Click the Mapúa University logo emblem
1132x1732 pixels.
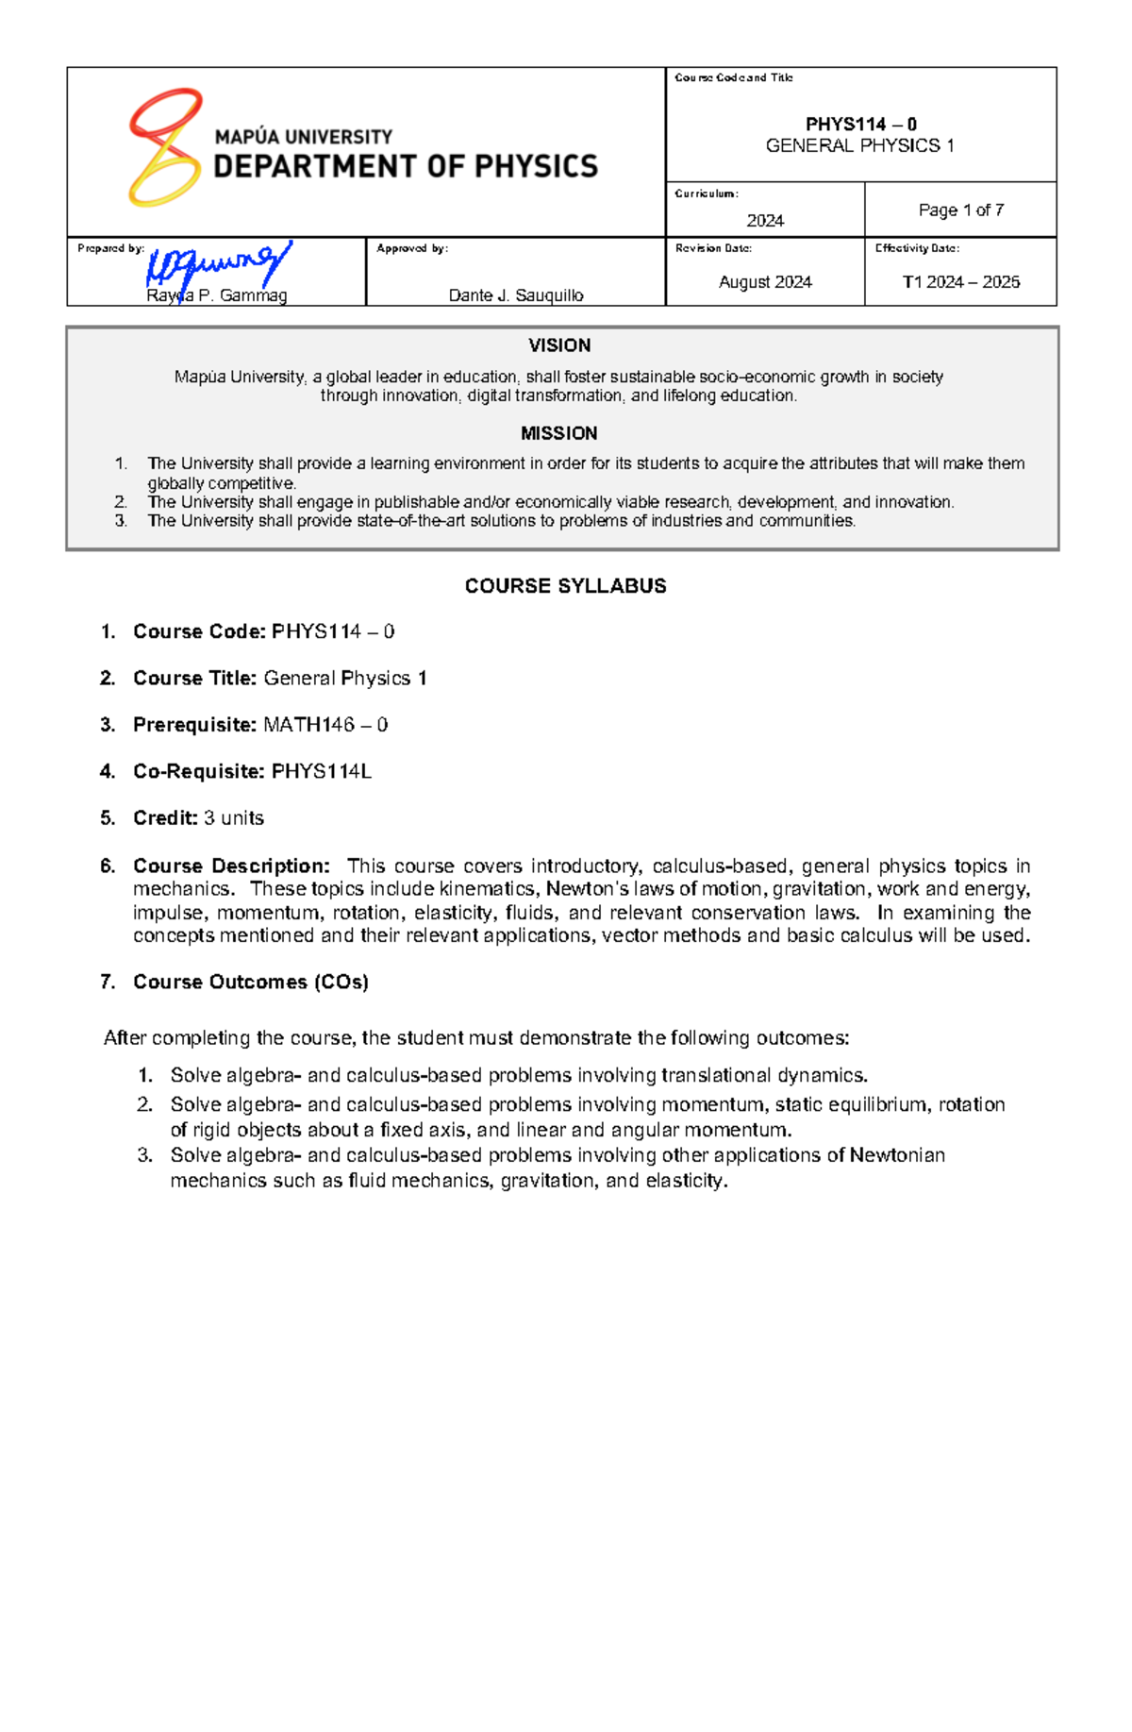165,148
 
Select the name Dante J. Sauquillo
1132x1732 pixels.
516,295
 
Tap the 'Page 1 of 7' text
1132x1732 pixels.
960,210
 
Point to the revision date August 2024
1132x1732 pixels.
765,282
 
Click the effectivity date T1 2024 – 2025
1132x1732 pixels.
960,282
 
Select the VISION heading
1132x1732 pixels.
559,345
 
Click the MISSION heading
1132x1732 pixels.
559,433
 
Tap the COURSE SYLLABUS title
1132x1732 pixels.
565,586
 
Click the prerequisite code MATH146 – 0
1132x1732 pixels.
325,725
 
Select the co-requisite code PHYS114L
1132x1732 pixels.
322,771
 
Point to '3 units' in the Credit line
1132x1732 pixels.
234,818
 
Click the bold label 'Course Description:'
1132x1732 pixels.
231,866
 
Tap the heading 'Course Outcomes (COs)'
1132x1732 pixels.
251,982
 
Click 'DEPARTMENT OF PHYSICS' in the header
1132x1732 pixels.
406,167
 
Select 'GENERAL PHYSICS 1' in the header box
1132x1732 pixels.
859,145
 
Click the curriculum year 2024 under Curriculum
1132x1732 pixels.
765,221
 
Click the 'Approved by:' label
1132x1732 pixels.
412,248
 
